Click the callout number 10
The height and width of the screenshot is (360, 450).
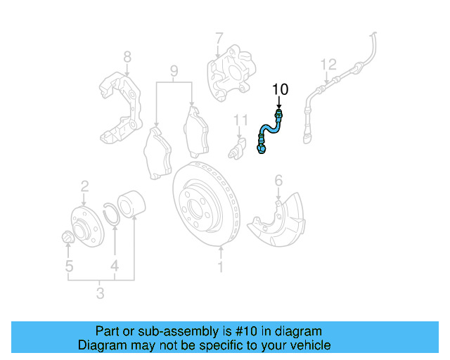click(281, 89)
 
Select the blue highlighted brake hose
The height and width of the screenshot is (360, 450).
click(269, 130)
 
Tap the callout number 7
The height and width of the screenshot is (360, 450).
click(219, 37)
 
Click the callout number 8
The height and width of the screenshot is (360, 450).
click(127, 56)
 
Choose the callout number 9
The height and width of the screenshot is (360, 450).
click(174, 70)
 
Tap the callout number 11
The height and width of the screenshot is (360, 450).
click(241, 120)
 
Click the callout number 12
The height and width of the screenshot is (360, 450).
click(328, 65)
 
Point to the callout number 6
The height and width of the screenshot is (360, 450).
click(278, 181)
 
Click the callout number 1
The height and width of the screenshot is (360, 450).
click(220, 267)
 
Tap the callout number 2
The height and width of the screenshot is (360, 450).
click(84, 186)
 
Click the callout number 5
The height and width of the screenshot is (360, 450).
click(69, 266)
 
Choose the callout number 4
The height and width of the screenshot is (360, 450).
click(114, 266)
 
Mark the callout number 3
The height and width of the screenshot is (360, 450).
click(100, 293)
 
